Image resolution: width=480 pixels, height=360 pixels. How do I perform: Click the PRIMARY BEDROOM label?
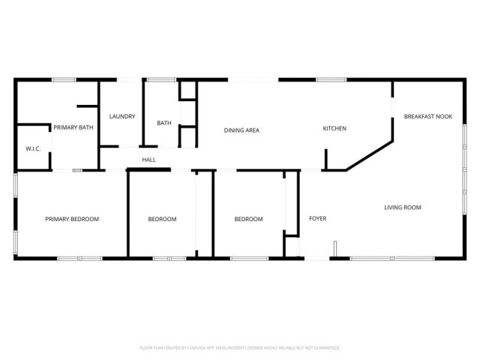(x=72, y=219)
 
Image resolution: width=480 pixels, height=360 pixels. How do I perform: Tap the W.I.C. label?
(x=33, y=148)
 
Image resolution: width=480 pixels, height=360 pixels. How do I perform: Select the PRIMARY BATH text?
(x=73, y=127)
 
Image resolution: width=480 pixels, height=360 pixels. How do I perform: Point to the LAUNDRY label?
(x=121, y=116)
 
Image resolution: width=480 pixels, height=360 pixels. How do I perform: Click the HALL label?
(x=148, y=159)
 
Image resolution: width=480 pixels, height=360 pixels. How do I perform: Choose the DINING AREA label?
(x=241, y=130)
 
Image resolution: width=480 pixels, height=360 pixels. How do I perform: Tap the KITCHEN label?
(x=334, y=128)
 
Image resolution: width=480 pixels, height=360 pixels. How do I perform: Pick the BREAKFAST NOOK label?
(x=428, y=116)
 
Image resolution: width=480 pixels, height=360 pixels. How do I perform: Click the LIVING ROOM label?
(x=403, y=207)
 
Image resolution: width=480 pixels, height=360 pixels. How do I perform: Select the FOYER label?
(x=318, y=218)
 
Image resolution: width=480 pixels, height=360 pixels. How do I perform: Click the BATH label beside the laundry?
(x=164, y=123)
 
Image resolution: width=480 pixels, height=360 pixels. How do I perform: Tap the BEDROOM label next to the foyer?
(x=248, y=219)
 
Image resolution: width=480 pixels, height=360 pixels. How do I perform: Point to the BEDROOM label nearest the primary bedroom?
(x=162, y=219)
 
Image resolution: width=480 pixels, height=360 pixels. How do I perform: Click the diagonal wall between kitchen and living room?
(x=368, y=154)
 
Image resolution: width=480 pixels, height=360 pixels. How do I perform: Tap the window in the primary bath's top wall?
(x=64, y=79)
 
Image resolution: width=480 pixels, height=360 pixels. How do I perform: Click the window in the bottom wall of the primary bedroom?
(x=79, y=259)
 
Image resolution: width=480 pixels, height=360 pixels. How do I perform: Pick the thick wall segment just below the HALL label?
(x=149, y=170)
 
